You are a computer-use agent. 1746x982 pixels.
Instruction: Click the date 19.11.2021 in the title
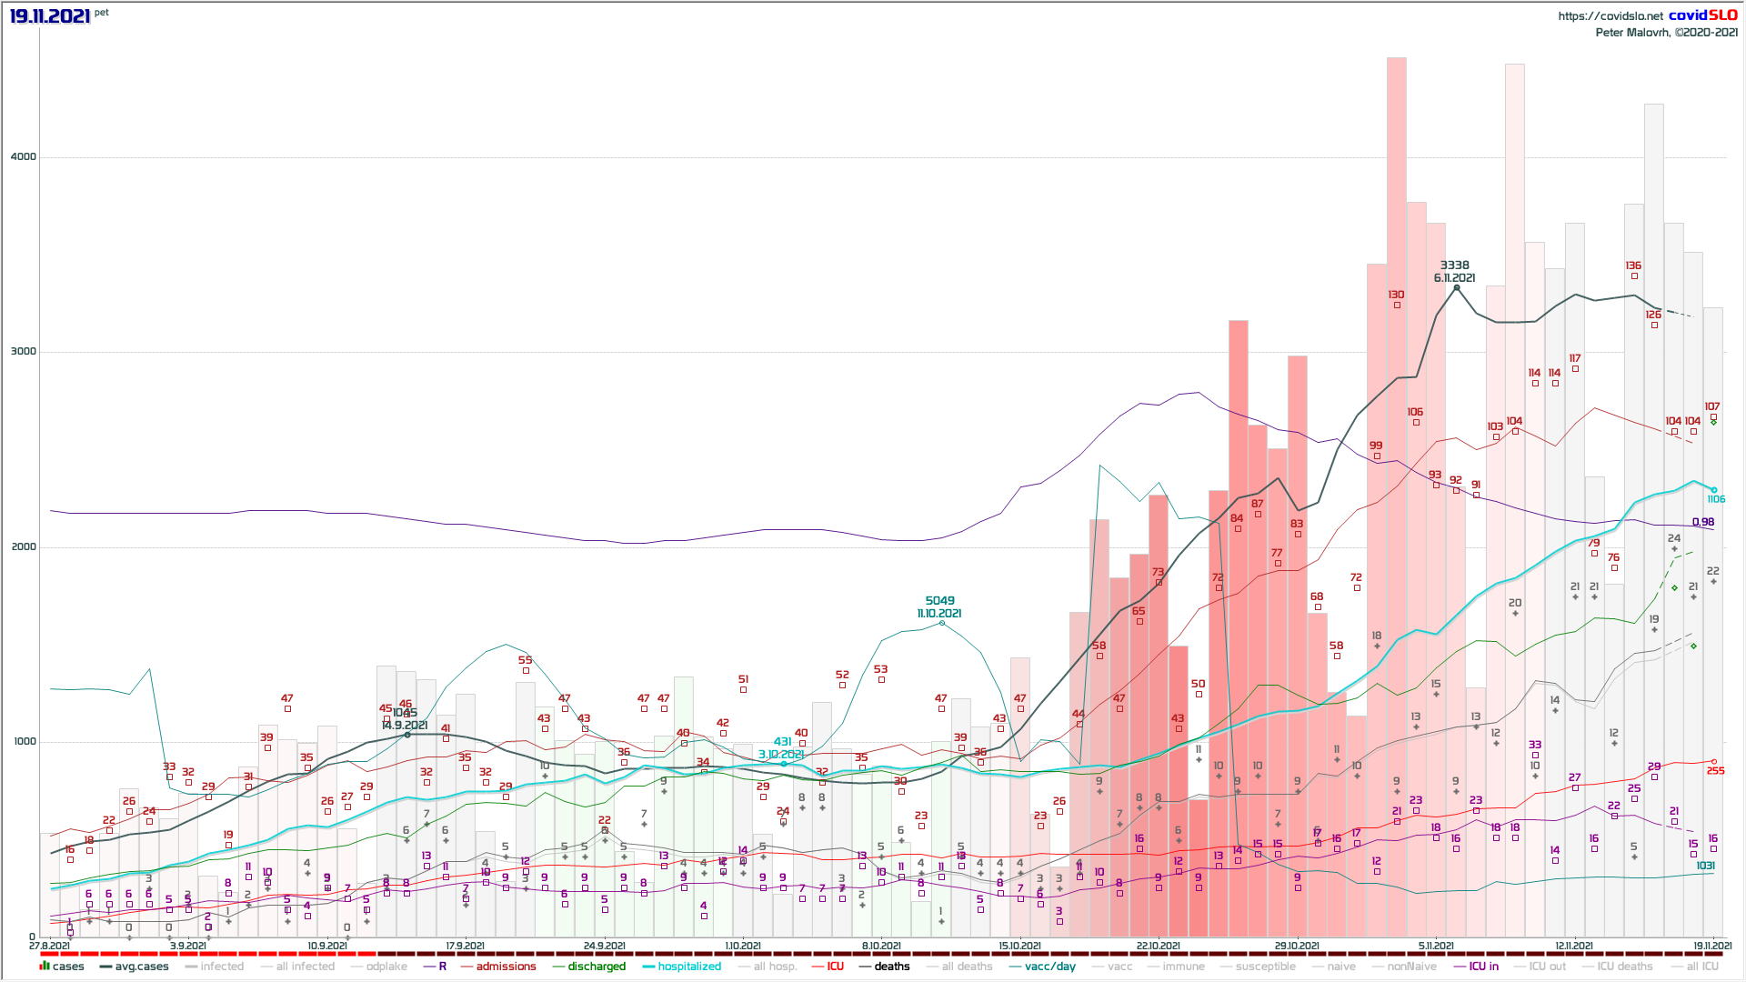pos(50,16)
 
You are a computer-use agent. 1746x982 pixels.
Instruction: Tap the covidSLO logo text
pos(1702,15)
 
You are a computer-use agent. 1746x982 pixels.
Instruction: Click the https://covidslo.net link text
pos(1610,16)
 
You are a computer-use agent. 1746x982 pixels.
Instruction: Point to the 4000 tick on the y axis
pos(24,156)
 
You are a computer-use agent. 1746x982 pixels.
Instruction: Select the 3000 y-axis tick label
pos(24,352)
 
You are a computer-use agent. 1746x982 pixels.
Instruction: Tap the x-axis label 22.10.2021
pos(1158,947)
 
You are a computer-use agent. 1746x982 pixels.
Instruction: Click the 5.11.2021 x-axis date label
pos(1436,947)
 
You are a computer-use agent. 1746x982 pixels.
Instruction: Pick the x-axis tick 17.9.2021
pos(465,947)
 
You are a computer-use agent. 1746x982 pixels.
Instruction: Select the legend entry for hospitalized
pos(689,967)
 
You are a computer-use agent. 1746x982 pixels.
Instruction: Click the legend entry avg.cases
pos(141,967)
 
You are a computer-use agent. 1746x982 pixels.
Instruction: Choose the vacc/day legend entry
pos(1049,967)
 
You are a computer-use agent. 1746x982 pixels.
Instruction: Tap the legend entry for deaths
pos(891,967)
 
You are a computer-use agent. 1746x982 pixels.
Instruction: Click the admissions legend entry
pos(506,967)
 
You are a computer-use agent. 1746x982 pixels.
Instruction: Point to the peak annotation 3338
pos(1455,266)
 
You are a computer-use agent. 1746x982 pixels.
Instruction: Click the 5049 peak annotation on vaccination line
pos(939,601)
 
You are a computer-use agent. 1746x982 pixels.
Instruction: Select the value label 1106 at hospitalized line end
pos(1716,499)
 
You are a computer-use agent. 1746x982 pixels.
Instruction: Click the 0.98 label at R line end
pos(1703,522)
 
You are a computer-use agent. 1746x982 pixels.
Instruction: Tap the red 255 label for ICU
pos(1715,771)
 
